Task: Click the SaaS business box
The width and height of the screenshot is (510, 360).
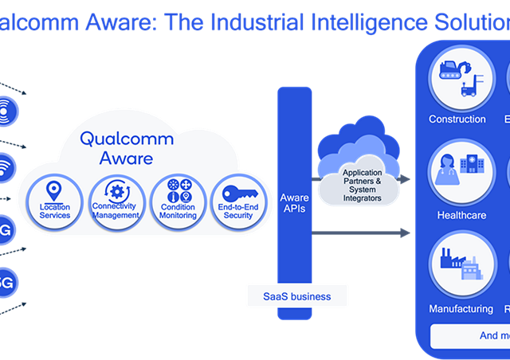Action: pos(296,296)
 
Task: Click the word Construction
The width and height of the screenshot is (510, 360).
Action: pos(457,119)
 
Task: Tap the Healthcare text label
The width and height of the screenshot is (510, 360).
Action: pos(461,215)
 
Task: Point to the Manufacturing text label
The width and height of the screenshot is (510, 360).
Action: pos(461,308)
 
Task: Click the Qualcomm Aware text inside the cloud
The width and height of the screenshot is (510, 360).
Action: pos(116,147)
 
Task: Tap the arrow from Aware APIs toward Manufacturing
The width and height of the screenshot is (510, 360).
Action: pos(359,233)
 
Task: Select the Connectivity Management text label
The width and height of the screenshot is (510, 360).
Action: pos(115,211)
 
